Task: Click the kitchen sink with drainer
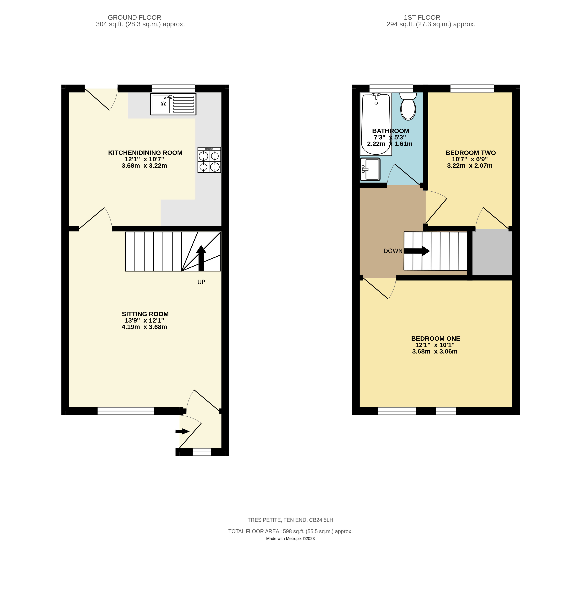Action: click(x=173, y=104)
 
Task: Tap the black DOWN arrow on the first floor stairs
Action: click(x=417, y=251)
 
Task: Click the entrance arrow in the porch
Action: click(x=182, y=431)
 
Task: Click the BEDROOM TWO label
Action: click(x=471, y=153)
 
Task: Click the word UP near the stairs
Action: click(x=201, y=282)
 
